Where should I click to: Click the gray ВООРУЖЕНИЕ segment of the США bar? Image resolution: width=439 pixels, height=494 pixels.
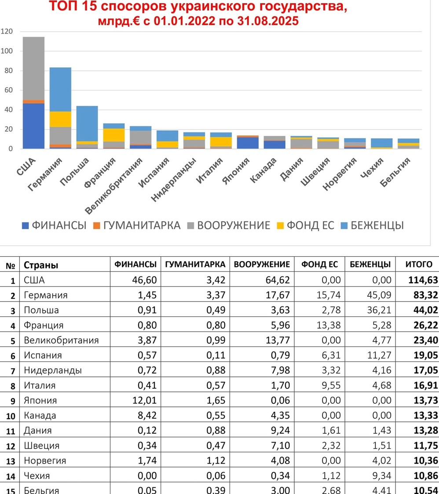click(33, 68)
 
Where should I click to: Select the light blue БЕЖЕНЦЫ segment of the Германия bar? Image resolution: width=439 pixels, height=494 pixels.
click(60, 89)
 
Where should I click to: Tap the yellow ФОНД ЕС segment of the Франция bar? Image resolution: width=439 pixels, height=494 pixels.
click(113, 135)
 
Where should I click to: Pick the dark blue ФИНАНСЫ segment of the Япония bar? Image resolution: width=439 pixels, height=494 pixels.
click(248, 143)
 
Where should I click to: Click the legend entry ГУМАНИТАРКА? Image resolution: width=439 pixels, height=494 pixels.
click(137, 225)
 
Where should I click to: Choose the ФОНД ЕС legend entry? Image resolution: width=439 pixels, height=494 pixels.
click(305, 225)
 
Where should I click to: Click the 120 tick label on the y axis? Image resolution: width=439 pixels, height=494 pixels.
click(7, 31)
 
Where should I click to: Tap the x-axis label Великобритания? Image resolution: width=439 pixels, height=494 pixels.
click(113, 186)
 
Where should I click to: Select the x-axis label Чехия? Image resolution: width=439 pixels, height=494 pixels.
click(372, 167)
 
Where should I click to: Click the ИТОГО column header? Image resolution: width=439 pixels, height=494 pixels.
click(418, 264)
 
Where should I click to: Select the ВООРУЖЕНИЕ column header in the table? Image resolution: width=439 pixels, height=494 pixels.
click(262, 264)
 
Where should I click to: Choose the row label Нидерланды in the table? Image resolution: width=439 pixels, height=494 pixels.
click(53, 370)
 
